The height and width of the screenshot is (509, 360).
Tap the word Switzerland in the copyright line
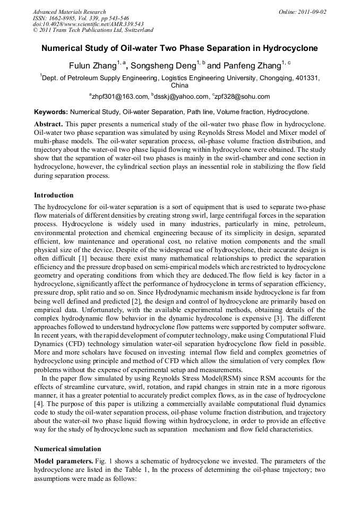[x=136, y=30]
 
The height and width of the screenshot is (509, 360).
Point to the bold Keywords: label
[x=51, y=113]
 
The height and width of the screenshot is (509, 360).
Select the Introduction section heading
[x=54, y=195]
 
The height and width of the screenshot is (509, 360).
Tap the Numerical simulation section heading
[x=67, y=449]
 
